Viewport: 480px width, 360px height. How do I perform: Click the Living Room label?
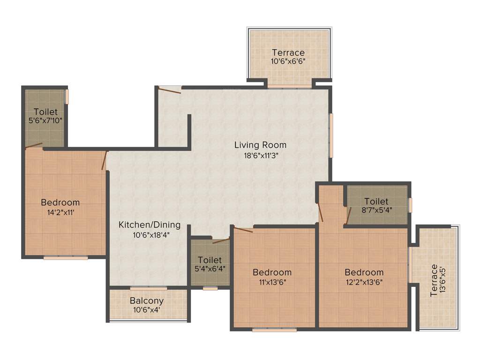click(260, 145)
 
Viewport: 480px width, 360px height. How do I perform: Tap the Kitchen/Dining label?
click(149, 225)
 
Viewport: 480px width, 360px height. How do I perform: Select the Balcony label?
click(147, 300)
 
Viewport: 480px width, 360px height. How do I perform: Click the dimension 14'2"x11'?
click(60, 212)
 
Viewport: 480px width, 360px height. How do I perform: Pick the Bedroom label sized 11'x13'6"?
click(272, 272)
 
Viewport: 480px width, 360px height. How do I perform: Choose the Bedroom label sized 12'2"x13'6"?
click(364, 272)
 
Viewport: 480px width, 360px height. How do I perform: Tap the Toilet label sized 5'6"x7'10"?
click(45, 112)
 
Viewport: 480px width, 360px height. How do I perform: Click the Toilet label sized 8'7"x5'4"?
click(376, 202)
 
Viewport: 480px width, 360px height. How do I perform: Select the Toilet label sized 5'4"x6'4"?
click(210, 260)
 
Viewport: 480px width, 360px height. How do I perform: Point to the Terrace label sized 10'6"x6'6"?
click(288, 52)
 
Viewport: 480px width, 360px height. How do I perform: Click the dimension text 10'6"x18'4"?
click(149, 235)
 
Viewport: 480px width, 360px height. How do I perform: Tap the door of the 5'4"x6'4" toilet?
click(221, 241)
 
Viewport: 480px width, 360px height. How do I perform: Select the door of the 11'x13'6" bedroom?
click(243, 230)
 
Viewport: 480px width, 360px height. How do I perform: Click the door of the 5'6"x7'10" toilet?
click(34, 146)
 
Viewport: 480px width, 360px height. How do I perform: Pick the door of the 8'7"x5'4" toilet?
click(349, 215)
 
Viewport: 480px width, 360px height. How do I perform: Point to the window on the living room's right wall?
click(331, 135)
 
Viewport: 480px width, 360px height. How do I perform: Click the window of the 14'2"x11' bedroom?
click(66, 257)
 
